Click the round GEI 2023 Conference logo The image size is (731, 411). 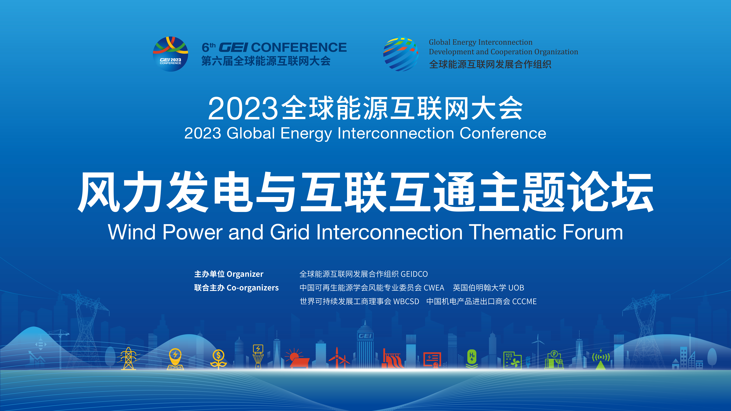[171, 54]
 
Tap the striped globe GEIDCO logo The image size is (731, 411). [401, 54]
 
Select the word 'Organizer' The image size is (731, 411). [245, 274]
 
